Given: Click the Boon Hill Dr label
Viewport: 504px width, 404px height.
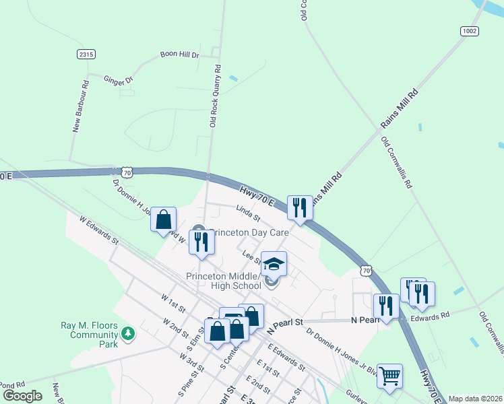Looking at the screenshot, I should [179, 55].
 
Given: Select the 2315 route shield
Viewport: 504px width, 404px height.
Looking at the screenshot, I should [86, 54].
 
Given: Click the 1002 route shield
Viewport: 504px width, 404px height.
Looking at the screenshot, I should [470, 31].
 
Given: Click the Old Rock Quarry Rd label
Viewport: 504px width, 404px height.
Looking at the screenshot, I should [214, 95].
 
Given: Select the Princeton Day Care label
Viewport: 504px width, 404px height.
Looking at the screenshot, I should [249, 232].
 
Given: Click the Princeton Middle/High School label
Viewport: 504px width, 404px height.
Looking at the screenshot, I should [224, 281].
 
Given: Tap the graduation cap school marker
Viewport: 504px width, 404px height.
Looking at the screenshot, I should [274, 263].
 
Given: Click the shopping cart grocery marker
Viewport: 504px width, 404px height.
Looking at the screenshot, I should [389, 375].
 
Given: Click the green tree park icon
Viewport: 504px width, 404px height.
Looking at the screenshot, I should [127, 333].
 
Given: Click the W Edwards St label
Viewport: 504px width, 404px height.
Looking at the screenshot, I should [98, 230].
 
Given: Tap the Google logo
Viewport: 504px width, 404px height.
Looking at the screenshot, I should [22, 396].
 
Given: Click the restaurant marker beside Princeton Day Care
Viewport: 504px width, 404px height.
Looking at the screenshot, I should [201, 242].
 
